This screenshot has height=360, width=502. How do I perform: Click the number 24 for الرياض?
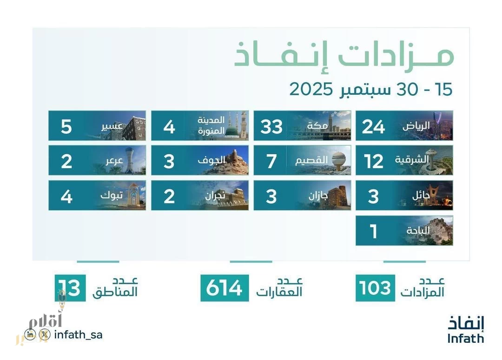point(374,126)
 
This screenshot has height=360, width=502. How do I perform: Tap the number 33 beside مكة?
point(271,126)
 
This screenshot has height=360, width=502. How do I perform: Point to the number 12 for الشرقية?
point(374,161)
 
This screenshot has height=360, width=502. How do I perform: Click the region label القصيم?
point(312,161)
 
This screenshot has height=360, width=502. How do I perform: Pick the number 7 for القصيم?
point(271,161)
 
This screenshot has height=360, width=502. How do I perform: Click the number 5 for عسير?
point(66,126)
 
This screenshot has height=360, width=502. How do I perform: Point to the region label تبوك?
point(112,196)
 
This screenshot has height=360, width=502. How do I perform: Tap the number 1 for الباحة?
point(373,231)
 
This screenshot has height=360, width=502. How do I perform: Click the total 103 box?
point(375,288)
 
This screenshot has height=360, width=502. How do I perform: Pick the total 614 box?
point(225,288)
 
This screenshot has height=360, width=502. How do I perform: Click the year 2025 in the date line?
point(312,88)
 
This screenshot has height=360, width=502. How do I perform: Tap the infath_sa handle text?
point(78,334)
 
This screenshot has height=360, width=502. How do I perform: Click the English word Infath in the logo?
point(465,338)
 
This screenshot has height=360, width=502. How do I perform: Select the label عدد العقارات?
point(279,288)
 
